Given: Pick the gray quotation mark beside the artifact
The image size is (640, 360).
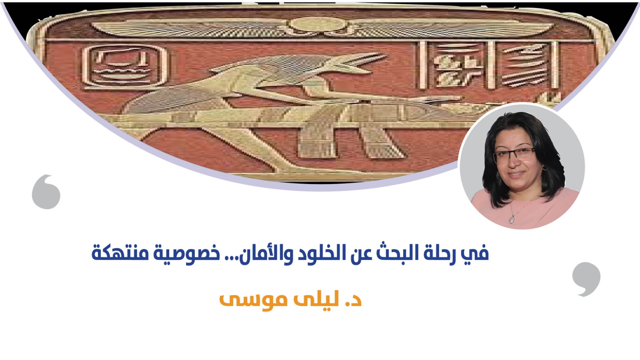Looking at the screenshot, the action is [x=46, y=192].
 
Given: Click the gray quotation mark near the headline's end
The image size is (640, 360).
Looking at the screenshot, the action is [x=586, y=279].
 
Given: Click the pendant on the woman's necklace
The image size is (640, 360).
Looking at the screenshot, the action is [x=512, y=219].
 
